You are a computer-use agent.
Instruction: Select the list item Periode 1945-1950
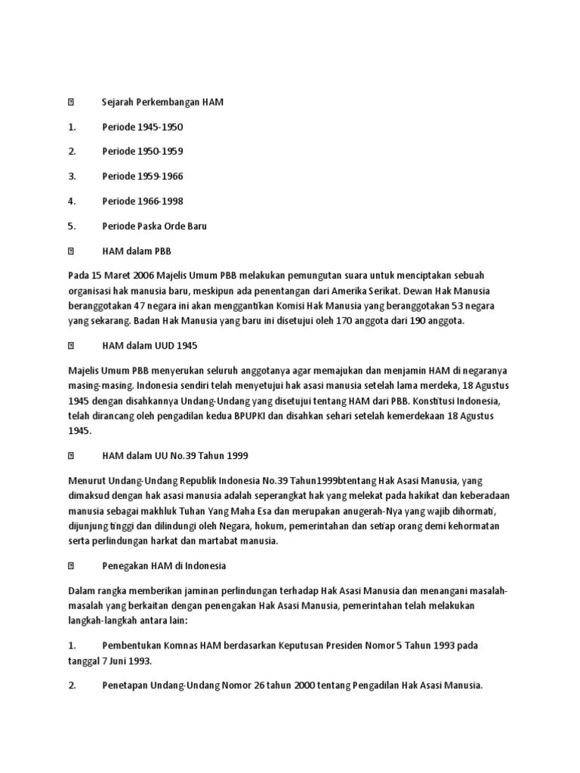click(x=143, y=127)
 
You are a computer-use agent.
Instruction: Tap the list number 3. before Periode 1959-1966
click(x=72, y=176)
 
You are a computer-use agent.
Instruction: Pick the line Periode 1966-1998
click(x=143, y=201)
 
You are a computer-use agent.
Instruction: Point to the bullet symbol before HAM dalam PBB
click(x=71, y=250)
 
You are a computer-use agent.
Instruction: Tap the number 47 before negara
click(x=140, y=306)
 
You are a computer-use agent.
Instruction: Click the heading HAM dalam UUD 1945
click(x=149, y=346)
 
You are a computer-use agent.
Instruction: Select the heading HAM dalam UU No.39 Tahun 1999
click(x=175, y=456)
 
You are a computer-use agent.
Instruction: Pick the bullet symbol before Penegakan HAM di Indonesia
click(x=71, y=565)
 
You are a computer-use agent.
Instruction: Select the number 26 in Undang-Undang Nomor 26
click(x=254, y=685)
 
